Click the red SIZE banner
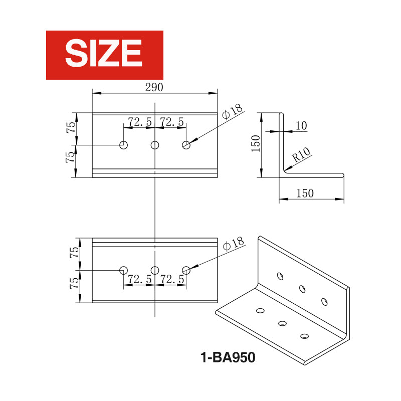104,55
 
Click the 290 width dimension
154,87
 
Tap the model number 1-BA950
228,357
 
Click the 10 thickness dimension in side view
301,126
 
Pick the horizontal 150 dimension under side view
305,193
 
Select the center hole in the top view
155,145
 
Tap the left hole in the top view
123,145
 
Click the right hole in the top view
186,145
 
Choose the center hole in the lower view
155,270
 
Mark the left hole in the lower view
123,270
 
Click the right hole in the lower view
186,270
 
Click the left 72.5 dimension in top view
140,122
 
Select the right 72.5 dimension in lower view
171,279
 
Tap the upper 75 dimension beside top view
72,127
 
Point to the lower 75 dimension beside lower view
74,283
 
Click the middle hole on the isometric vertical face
302,288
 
